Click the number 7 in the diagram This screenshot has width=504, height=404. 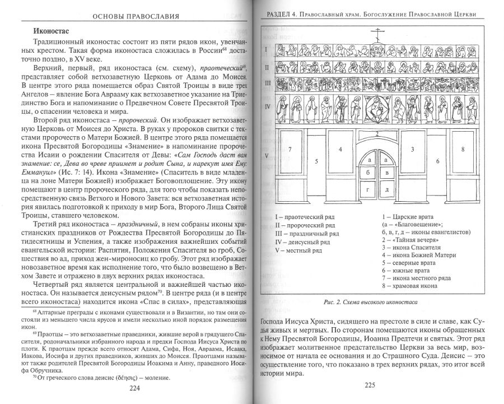coord(290,150)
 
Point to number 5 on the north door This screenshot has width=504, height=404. coord(316,161)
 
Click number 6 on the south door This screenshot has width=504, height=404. coord(437,160)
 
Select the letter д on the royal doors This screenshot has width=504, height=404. coord(386,190)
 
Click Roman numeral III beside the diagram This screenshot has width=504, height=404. coord(268,83)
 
